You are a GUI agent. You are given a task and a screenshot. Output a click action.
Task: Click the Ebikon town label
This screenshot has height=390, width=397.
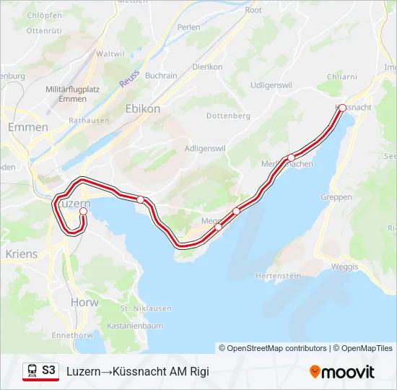pyautogui.click(x=143, y=108)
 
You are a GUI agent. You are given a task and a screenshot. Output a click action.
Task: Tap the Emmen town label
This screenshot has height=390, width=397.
pyautogui.click(x=27, y=127)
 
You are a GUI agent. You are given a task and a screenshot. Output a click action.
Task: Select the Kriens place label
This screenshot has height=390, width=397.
pyautogui.click(x=21, y=254)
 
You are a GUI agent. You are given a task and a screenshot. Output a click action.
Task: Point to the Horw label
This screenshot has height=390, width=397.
pyautogui.click(x=84, y=302)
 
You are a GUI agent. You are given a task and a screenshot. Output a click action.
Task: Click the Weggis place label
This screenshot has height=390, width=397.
pyautogui.click(x=345, y=266)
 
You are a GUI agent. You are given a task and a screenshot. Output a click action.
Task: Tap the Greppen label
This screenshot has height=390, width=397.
pyautogui.click(x=338, y=197)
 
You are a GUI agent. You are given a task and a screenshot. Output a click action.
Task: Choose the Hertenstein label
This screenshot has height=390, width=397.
pyautogui.click(x=279, y=277)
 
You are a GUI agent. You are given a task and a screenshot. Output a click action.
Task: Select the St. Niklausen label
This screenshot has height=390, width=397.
pyautogui.click(x=146, y=308)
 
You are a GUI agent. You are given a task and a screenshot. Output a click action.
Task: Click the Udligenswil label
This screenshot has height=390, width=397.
pyautogui.click(x=261, y=85)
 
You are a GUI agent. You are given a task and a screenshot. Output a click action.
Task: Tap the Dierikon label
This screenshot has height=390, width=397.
pyautogui.click(x=207, y=66)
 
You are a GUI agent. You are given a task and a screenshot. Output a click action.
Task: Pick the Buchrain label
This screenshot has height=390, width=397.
pyautogui.click(x=161, y=75)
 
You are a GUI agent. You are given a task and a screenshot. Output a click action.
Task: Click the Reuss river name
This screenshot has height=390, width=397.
pyautogui.click(x=129, y=78)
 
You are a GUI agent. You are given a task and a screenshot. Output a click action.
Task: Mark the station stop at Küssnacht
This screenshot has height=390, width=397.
pyautogui.click(x=342, y=108)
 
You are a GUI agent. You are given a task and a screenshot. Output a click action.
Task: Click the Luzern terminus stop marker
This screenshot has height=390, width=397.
pyautogui.click(x=73, y=211)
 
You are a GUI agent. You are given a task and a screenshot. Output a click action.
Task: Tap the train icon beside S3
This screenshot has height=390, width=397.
pyautogui.click(x=32, y=370)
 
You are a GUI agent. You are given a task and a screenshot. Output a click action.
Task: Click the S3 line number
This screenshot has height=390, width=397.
pyautogui.click(x=48, y=370)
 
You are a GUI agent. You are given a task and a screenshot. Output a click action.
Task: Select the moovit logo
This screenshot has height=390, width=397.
pyautogui.click(x=342, y=372)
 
